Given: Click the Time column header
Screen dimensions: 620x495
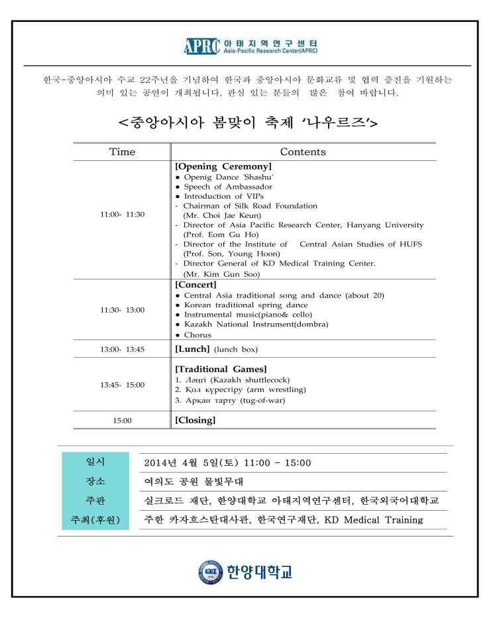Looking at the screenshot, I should (x=122, y=152).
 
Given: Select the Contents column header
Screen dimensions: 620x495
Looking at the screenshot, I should (x=303, y=152).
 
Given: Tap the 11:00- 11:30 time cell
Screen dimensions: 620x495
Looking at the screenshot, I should (x=122, y=215).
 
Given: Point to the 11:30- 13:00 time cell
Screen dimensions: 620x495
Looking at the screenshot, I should (x=122, y=310).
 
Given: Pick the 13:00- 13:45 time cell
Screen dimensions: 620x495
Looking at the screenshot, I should (x=122, y=349).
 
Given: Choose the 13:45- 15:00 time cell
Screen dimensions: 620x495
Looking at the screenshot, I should (x=122, y=385).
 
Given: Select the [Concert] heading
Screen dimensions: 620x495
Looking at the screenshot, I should (x=195, y=284).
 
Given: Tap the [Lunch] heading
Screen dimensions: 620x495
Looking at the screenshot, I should (x=192, y=348).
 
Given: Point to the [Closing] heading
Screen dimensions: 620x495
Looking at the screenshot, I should (x=195, y=420).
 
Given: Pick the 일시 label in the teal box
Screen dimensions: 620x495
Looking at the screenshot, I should (x=95, y=462).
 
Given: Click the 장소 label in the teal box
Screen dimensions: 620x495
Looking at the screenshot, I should (x=95, y=481).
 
